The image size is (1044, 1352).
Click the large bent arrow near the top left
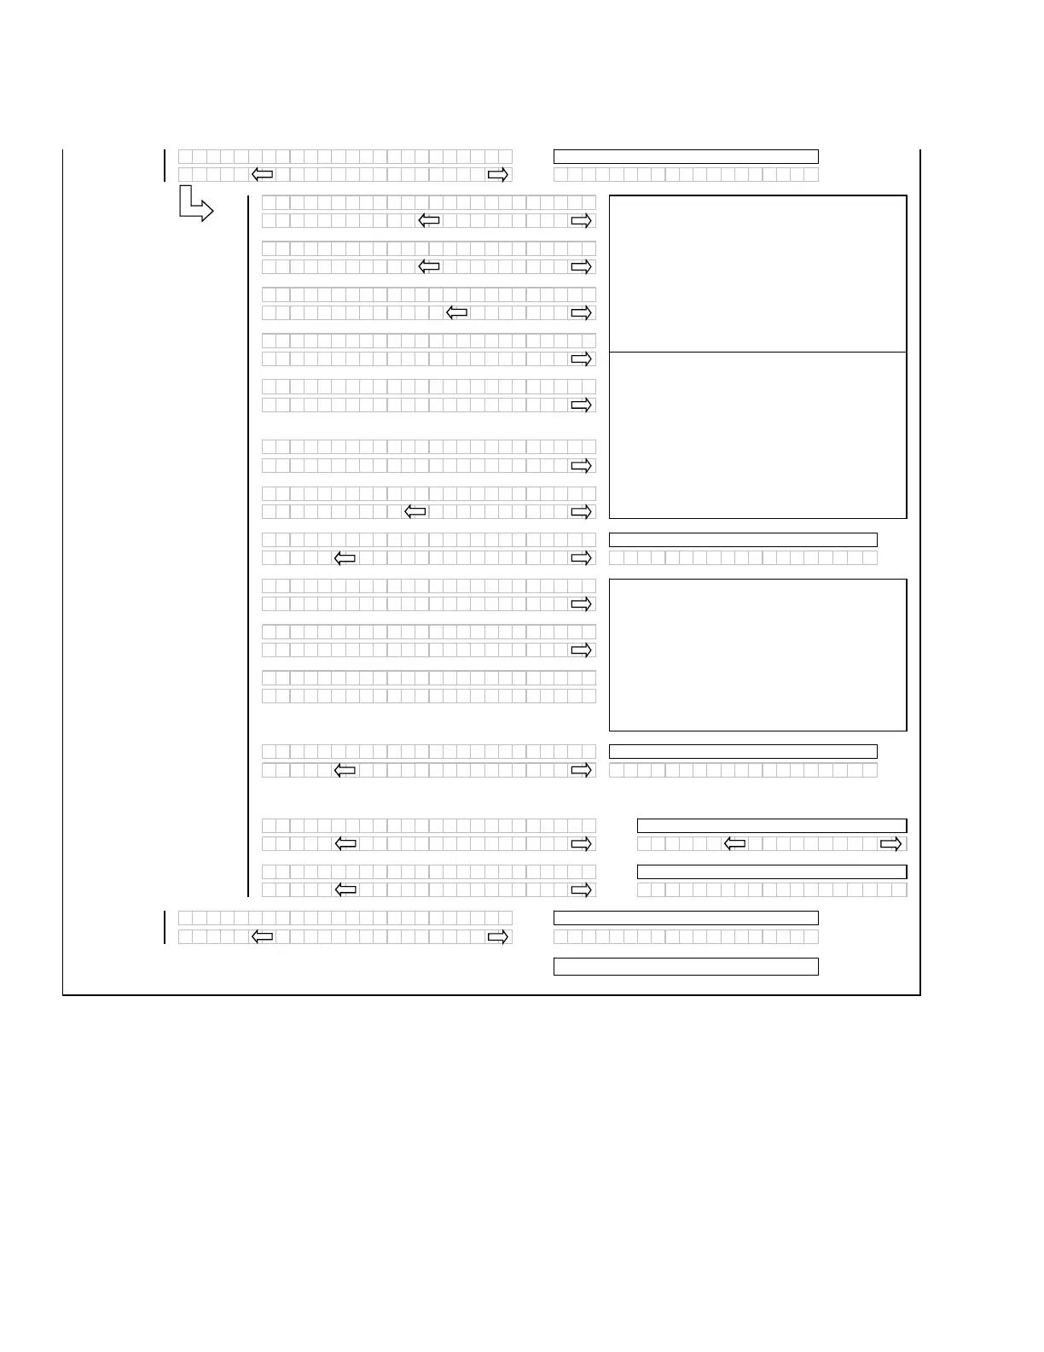(195, 206)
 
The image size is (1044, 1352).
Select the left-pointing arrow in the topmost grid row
(263, 175)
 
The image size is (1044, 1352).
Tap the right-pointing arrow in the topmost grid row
(497, 175)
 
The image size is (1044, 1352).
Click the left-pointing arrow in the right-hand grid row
(734, 844)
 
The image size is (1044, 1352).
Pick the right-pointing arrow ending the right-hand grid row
(890, 844)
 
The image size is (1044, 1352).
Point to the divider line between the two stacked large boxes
(757, 352)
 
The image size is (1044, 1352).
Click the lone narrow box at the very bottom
(686, 966)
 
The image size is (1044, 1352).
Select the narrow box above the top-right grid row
(686, 156)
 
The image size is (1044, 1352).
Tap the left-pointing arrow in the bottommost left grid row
(263, 937)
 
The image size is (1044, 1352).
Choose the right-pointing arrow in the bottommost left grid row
(497, 937)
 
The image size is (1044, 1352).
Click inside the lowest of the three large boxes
(757, 655)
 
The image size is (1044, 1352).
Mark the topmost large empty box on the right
(757, 273)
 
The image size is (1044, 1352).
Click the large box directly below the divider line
(757, 434)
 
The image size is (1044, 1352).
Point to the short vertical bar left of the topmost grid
(165, 166)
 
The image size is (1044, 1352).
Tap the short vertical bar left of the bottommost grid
(165, 927)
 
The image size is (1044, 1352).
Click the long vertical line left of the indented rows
(248, 546)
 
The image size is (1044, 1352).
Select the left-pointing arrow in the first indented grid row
(429, 221)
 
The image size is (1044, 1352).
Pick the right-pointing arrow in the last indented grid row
(581, 890)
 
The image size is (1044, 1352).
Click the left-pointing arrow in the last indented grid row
(345, 890)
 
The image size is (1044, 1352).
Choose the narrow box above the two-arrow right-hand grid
(772, 825)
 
